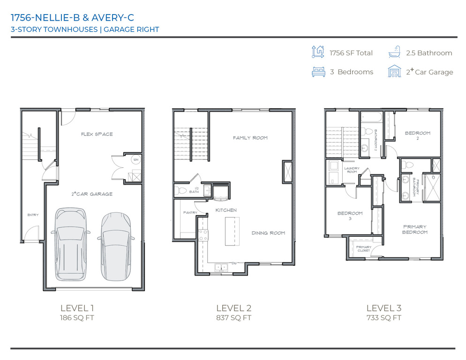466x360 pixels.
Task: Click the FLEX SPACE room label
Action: [97, 134]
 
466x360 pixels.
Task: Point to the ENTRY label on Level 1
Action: [33, 215]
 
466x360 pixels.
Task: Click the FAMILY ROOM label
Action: [250, 138]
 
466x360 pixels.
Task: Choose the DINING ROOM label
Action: [268, 233]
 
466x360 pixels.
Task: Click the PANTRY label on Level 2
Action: [190, 212]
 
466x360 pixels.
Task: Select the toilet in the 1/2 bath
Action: [180, 190]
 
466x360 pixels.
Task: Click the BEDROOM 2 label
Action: [417, 135]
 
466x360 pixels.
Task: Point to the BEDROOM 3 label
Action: [350, 216]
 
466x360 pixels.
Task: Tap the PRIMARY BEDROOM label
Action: [415, 229]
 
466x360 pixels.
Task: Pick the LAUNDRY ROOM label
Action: [352, 170]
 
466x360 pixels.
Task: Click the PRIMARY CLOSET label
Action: [363, 248]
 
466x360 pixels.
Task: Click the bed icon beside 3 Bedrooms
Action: [318, 72]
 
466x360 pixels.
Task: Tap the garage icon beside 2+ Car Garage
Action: [394, 71]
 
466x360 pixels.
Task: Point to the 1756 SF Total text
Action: [351, 53]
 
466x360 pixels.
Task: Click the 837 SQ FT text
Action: [233, 318]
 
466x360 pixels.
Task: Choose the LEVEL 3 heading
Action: [383, 308]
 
